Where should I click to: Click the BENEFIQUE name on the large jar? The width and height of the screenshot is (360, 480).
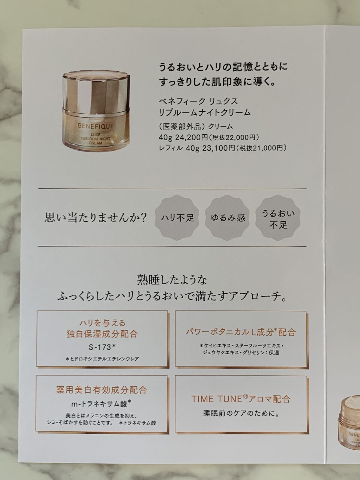(96, 126)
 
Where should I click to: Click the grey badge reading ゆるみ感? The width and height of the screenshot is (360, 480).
(228, 217)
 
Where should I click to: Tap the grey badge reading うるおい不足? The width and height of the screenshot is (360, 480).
(278, 219)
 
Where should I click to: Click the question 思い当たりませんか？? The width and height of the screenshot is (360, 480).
(95, 217)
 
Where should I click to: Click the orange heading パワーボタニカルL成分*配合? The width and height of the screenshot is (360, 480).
(241, 332)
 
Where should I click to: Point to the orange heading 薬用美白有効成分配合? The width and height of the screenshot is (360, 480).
(102, 390)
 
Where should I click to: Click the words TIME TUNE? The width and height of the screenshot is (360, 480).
(217, 399)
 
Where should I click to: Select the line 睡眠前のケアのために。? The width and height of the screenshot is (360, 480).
(241, 414)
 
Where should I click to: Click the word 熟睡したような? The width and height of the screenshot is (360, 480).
(172, 280)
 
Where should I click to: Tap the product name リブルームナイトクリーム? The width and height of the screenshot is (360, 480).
(205, 112)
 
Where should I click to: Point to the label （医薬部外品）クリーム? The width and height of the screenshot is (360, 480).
(196, 127)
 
